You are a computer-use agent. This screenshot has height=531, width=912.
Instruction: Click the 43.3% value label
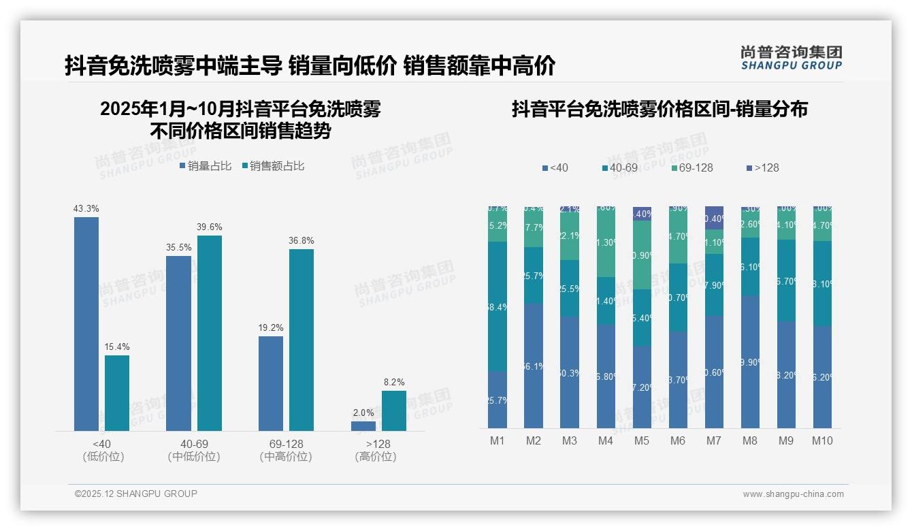(x=86, y=208)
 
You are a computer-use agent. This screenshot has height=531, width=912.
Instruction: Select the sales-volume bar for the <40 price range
(x=86, y=324)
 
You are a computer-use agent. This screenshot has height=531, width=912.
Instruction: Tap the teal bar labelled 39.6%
(x=210, y=333)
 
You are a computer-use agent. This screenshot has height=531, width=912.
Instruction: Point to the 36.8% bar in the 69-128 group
(x=302, y=340)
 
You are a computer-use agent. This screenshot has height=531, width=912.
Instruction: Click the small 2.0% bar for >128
(x=363, y=426)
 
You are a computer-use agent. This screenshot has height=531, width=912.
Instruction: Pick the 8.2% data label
(x=394, y=382)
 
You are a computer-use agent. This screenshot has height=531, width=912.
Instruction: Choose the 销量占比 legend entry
(x=206, y=166)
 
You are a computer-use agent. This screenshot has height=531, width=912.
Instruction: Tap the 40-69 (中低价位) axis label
(x=194, y=450)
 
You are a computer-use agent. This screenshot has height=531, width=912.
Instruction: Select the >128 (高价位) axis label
(x=376, y=450)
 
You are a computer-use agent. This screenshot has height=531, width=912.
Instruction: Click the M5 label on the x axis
(x=642, y=440)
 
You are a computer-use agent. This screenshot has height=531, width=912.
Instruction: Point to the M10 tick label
(x=822, y=440)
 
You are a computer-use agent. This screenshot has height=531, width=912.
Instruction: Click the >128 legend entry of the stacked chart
(x=762, y=167)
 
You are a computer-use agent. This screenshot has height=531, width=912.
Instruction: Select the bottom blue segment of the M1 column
(x=498, y=400)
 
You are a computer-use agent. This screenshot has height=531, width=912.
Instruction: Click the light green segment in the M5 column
(x=642, y=255)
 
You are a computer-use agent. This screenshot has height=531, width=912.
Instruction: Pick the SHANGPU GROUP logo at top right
(x=791, y=58)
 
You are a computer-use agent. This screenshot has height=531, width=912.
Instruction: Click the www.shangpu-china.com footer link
(x=793, y=494)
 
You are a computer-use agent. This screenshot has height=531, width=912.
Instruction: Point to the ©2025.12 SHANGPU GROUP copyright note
(x=136, y=494)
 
